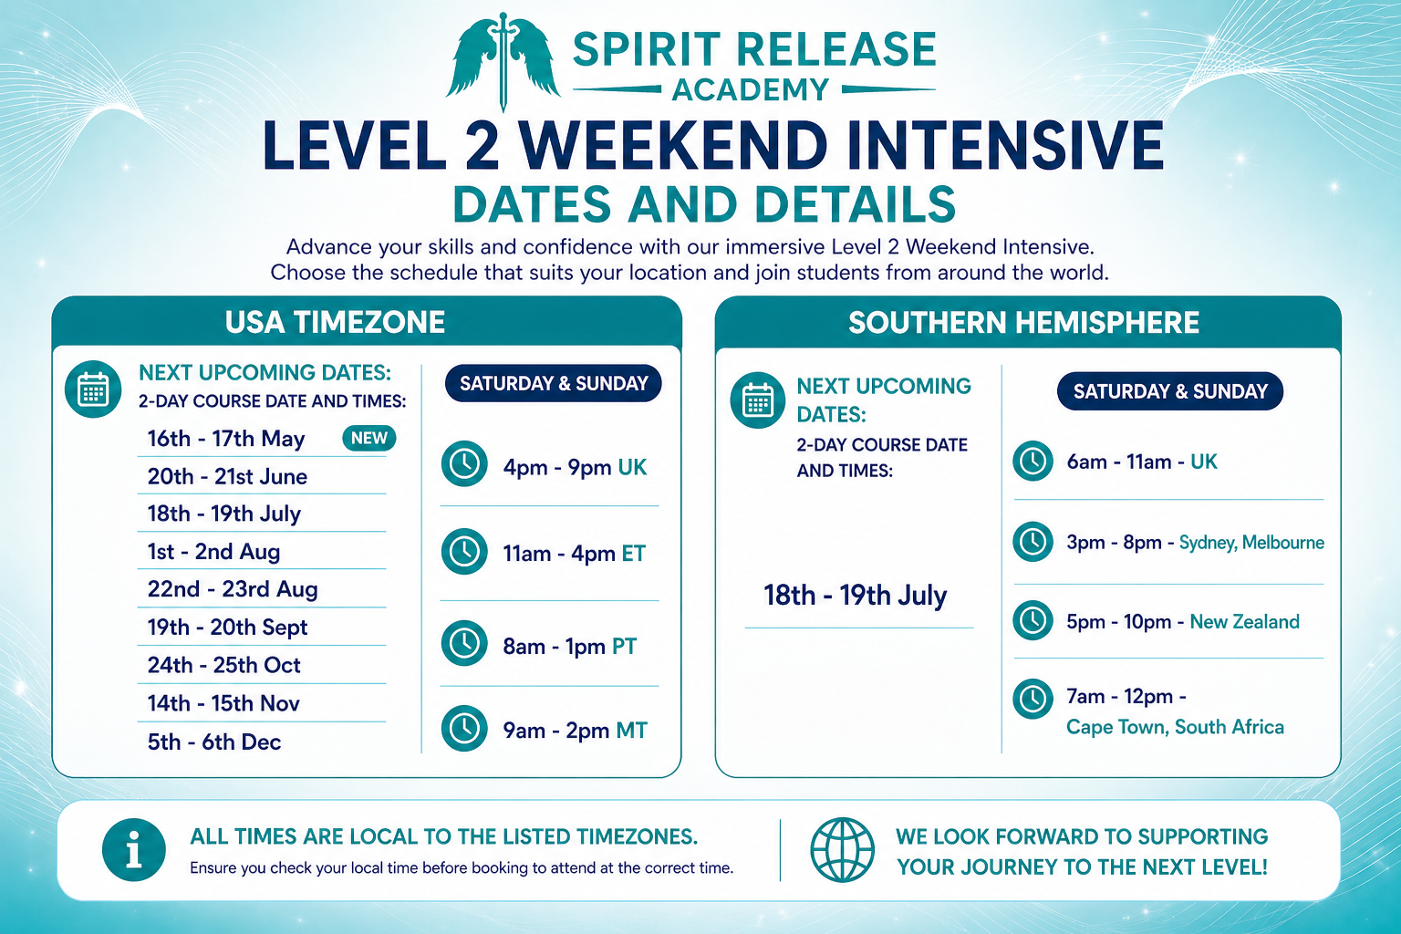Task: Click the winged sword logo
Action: (503, 61)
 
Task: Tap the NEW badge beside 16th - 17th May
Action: (369, 438)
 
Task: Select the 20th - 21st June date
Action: (227, 477)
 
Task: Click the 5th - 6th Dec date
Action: (214, 742)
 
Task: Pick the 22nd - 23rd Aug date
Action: (233, 589)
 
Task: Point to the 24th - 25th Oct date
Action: (223, 665)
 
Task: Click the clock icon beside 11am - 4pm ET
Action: (464, 552)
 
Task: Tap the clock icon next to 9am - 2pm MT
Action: (464, 728)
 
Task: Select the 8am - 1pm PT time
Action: (570, 647)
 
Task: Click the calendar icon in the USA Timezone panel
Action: (93, 389)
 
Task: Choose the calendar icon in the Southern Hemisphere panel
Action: (758, 400)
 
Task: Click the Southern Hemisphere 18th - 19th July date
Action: (855, 595)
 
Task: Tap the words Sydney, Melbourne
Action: (1251, 543)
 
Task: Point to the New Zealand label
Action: (1245, 622)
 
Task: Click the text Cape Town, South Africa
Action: (1175, 727)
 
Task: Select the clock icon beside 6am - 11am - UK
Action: (1033, 461)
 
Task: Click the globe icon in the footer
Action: (843, 849)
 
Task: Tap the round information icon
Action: (134, 849)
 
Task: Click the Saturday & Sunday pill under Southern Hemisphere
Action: (1170, 391)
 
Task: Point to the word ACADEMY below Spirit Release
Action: (752, 90)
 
